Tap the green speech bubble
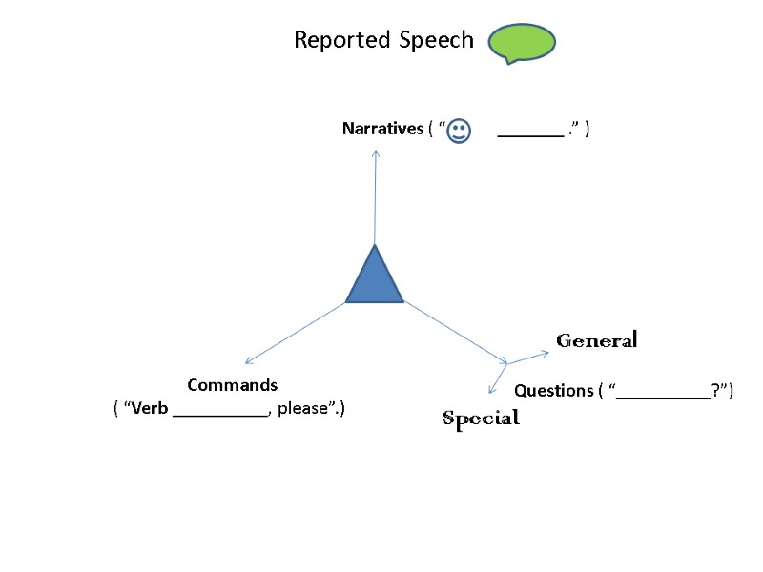522,43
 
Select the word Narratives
382,129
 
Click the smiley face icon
459,131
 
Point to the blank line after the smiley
530,134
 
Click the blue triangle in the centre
375,279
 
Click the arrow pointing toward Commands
295,333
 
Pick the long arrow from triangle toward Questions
456,332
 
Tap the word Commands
233,385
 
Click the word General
596,340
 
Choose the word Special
481,418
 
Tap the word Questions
553,391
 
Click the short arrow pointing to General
528,358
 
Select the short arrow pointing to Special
498,378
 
